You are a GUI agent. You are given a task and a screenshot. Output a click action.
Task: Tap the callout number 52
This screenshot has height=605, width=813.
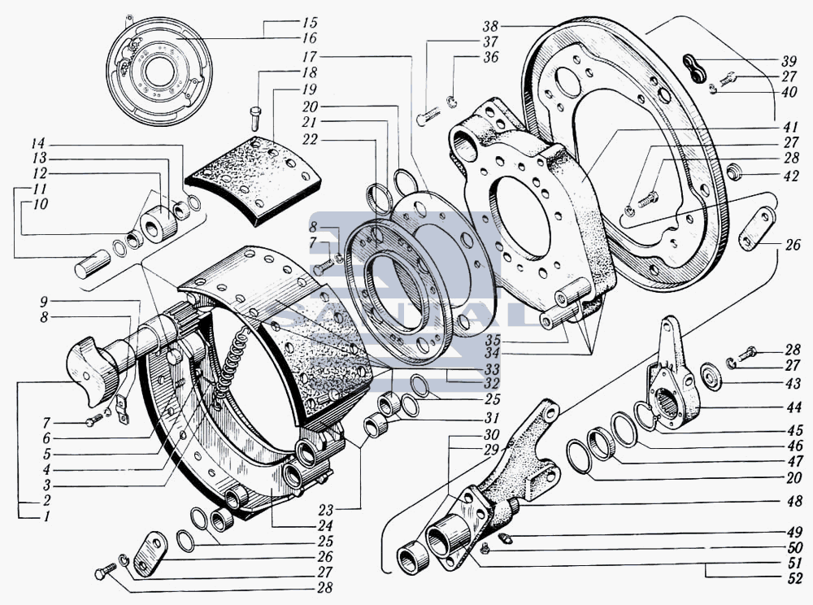[794, 577]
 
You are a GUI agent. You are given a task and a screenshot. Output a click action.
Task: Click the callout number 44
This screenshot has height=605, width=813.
[793, 407]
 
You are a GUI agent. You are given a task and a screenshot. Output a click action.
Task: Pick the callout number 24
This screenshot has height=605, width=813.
[324, 525]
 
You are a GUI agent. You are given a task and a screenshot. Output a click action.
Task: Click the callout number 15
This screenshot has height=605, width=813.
[310, 23]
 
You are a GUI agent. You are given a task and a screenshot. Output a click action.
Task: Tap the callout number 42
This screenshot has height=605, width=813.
[791, 176]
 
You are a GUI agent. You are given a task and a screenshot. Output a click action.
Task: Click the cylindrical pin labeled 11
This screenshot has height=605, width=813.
[93, 264]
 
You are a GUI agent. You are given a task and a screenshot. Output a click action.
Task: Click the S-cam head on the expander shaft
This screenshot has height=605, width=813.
[93, 371]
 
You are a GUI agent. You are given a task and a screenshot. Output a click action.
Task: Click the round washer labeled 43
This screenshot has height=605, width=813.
[711, 376]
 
